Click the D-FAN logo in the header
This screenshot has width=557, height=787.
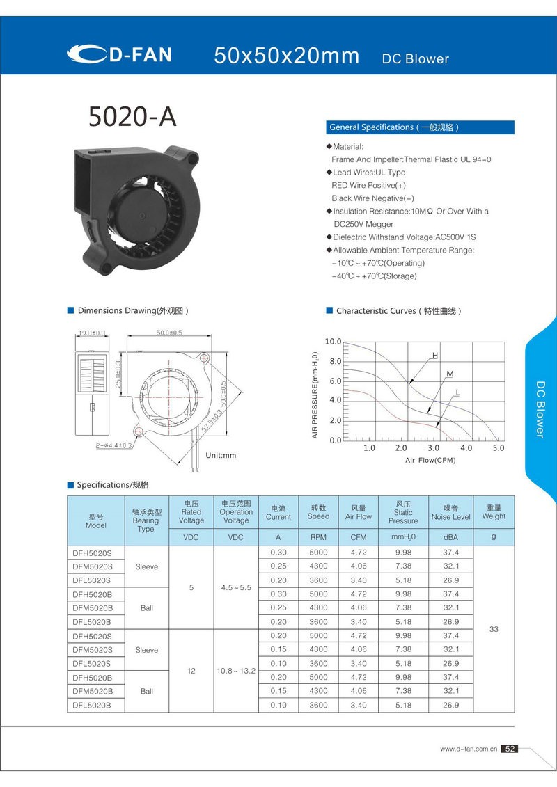coord(120,54)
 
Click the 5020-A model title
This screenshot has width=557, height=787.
coord(132,118)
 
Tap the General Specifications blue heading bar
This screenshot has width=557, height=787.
coord(420,127)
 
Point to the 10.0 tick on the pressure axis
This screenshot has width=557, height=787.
coord(334,342)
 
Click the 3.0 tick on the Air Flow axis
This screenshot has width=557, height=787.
coord(433,448)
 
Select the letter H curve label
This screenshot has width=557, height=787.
coord(435,356)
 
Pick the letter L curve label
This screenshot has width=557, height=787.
coord(457,392)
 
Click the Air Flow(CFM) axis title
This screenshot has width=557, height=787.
coord(431,461)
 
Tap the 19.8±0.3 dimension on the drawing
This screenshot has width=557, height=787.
coord(91,333)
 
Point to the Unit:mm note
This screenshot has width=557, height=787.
coord(221,455)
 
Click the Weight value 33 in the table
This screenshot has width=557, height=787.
coord(494,629)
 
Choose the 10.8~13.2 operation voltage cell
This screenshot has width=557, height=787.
coord(236,671)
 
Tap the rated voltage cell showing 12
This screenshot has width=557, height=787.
coord(191,671)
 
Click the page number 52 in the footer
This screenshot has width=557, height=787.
coord(510,749)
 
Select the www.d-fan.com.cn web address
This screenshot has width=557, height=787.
coord(468,749)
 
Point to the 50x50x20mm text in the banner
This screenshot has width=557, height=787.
coord(287,56)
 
